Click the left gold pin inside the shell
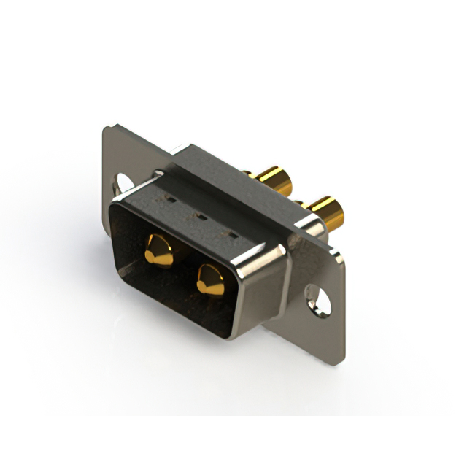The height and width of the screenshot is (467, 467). click(x=159, y=252)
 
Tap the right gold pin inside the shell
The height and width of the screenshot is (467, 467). click(x=210, y=281)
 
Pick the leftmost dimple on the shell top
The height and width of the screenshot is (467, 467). click(x=172, y=197)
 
